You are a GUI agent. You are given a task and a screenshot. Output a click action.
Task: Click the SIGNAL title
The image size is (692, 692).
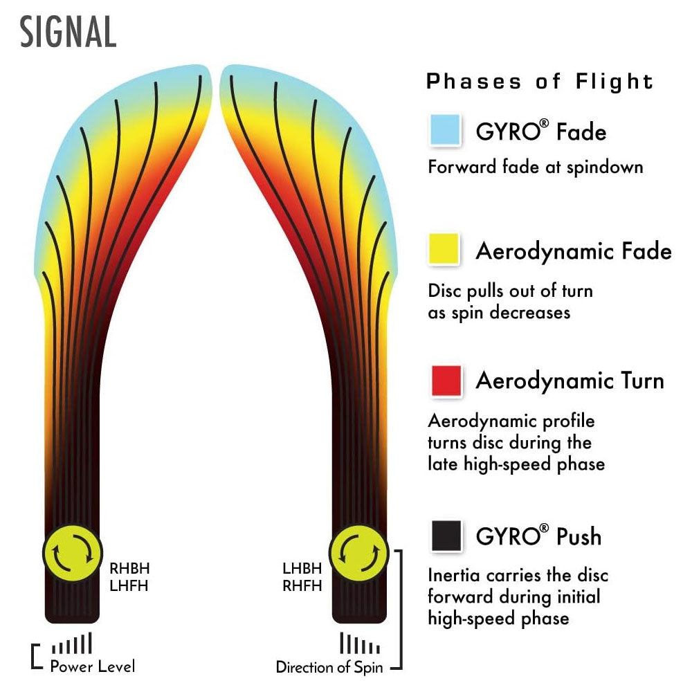coord(68,32)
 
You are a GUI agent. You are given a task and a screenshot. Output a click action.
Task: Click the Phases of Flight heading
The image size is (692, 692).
coord(540,82)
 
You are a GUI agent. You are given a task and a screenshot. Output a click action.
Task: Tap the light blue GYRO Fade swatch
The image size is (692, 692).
coord(445,130)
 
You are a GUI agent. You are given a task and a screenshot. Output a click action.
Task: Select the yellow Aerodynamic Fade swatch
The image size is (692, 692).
coord(445,249)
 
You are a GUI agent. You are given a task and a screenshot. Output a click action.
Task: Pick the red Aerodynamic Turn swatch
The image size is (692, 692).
coord(445,381)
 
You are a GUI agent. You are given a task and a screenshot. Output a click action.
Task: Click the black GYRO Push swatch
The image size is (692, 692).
coord(445,536)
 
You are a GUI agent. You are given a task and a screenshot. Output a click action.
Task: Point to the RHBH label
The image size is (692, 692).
coord(129,569)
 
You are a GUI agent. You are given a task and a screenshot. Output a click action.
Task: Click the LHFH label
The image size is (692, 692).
coord(129,586)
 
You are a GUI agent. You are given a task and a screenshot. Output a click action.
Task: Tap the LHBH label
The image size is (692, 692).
coord(302,569)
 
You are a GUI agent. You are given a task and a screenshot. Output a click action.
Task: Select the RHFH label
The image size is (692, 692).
coord(302,586)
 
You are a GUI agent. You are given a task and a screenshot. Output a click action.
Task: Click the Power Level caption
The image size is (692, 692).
coord(93,667)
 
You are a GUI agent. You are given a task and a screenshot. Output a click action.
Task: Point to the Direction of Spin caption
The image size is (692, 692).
coord(331,668)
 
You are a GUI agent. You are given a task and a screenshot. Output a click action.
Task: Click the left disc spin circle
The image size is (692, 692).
coord(73,552)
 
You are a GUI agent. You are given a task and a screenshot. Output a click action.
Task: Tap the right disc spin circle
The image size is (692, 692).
coord(360,552)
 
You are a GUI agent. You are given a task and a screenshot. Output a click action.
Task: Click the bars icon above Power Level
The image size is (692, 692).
coord(72,644)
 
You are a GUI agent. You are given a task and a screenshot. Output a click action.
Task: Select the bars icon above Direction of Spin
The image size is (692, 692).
coord(360,644)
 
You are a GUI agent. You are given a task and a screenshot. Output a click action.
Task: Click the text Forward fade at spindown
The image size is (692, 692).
coord(536,167)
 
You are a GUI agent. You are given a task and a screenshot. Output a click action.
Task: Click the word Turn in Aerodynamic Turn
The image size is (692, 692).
coord(634,381)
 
